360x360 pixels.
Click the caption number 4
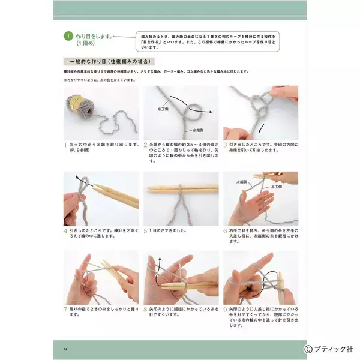coord(65,230)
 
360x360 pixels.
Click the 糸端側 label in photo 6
coord(243,181)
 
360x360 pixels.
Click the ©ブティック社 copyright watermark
coord(329,348)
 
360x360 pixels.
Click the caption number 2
coord(145,145)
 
